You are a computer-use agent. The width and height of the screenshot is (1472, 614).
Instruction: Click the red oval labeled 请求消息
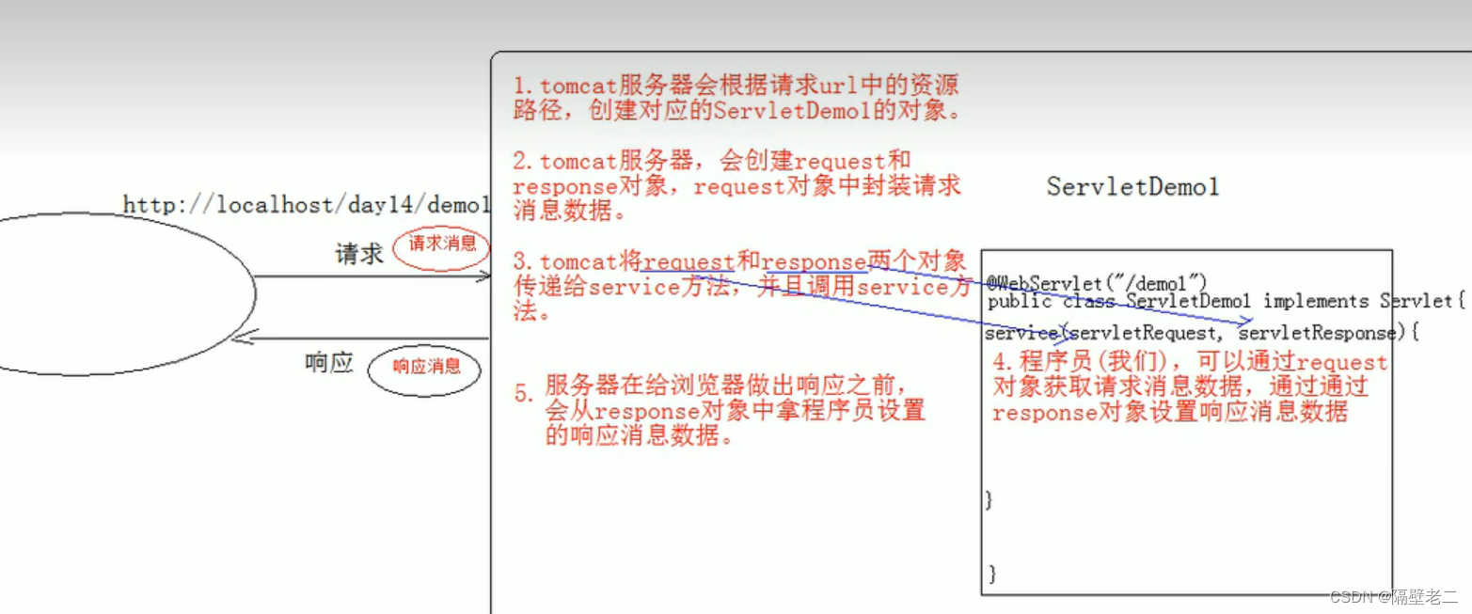(442, 244)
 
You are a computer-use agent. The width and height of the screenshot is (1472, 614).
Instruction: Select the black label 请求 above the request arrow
(359, 254)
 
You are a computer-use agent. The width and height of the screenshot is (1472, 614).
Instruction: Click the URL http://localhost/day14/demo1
(307, 204)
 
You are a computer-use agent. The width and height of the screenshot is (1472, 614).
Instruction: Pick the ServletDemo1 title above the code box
(1132, 186)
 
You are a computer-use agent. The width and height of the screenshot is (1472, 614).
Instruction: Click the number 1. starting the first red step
(523, 87)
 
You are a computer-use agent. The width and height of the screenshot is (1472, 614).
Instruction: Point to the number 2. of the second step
(523, 162)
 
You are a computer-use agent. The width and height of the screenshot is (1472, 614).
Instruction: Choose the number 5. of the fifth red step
(523, 392)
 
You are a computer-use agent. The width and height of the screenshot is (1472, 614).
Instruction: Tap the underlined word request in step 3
(689, 263)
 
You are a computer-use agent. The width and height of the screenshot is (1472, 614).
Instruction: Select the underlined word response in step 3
(815, 263)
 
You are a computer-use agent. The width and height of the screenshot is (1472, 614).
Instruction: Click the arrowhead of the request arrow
(484, 276)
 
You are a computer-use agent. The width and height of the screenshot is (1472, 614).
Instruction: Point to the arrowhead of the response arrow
(241, 338)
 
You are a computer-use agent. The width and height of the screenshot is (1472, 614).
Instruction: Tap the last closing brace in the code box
(991, 573)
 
